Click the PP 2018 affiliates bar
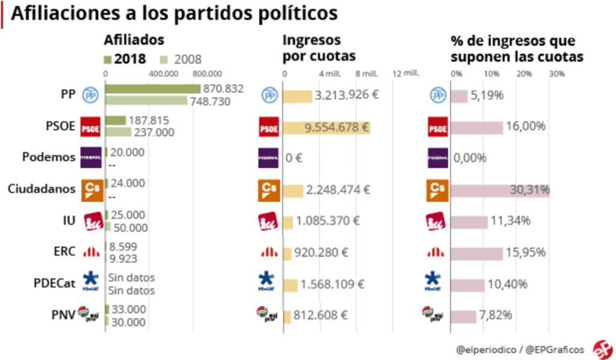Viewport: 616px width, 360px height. click(152, 88)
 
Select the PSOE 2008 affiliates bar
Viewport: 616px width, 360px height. click(118, 132)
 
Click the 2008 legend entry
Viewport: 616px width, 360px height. click(182, 60)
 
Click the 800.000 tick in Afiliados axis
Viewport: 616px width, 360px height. click(208, 74)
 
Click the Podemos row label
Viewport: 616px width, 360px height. click(48, 158)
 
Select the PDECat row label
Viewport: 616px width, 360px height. click(53, 284)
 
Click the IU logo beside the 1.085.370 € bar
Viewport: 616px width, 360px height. click(268, 222)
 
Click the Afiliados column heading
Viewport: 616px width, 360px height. click(134, 40)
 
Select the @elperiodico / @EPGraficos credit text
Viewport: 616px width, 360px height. click(519, 349)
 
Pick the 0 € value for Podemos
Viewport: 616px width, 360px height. click(295, 158)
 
